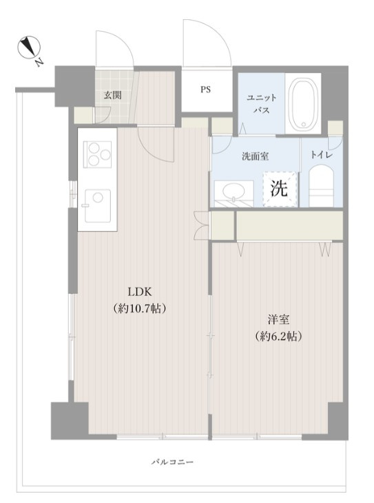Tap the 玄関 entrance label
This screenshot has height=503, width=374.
(x=113, y=96)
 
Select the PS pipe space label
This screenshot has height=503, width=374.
(x=206, y=89)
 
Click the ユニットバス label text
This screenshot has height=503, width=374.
(x=261, y=104)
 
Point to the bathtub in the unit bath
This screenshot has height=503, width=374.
(x=304, y=105)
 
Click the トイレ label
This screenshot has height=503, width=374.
(x=321, y=156)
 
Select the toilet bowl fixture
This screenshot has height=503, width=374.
(x=322, y=188)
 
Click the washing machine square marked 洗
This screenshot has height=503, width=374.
(x=280, y=189)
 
